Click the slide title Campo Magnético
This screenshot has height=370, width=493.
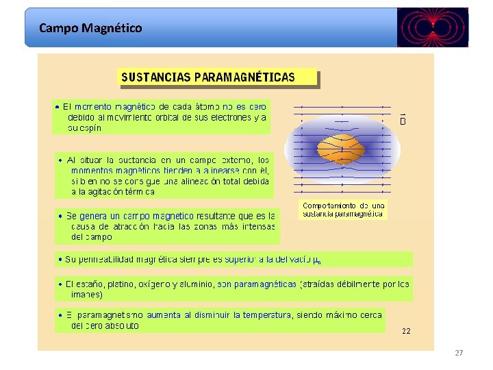(x=90, y=28)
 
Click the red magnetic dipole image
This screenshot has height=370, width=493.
(x=432, y=28)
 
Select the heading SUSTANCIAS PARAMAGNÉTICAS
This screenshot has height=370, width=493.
(x=208, y=77)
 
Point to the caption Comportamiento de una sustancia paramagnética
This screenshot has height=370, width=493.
(x=344, y=210)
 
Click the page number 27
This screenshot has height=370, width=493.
(x=459, y=353)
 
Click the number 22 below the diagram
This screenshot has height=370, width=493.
(x=406, y=330)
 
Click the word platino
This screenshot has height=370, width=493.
(x=118, y=284)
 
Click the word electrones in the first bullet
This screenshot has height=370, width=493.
(x=227, y=117)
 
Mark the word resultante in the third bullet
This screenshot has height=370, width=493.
(x=218, y=216)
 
